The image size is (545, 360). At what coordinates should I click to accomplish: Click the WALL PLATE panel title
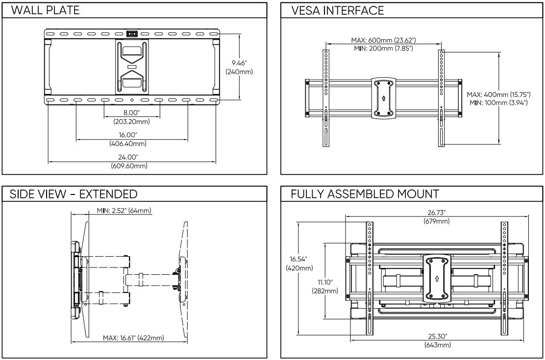coord(45,10)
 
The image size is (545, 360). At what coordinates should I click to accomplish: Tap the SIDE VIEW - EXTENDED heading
coord(74,194)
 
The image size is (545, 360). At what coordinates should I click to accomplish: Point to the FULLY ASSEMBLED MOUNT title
coord(365,194)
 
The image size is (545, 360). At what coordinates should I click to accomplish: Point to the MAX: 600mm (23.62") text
coord(384,40)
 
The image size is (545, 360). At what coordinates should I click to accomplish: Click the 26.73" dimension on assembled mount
coord(437,213)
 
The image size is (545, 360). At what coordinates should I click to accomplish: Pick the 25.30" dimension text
coord(437,336)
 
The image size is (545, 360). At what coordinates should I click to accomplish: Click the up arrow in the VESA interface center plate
coord(383,97)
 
